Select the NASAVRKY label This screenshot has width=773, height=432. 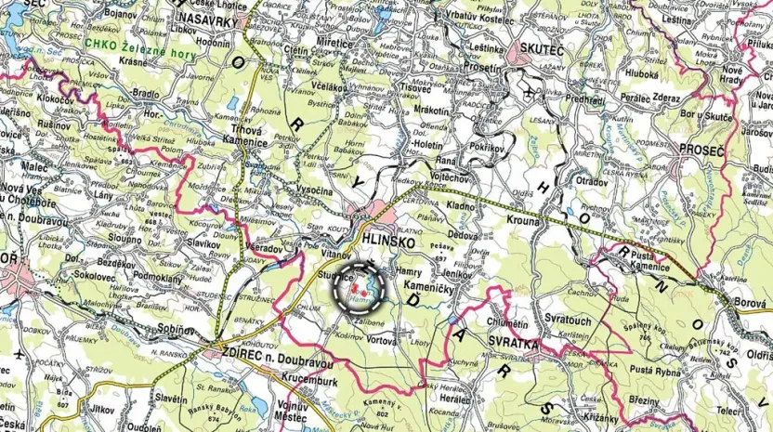pyautogui.click(x=211, y=18)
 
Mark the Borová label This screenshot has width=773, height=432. pyautogui.click(x=748, y=302)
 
